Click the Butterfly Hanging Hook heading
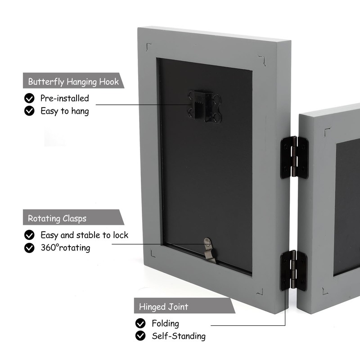click(73, 81)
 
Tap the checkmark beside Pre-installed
click(30, 98)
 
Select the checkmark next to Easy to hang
click(30, 111)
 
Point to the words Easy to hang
click(64, 111)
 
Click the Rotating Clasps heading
click(57, 219)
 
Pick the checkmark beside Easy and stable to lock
click(30, 235)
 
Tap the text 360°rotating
click(65, 247)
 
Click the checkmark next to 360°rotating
click(30, 247)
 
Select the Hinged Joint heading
click(164, 307)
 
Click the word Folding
click(165, 323)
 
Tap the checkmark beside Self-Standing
click(141, 336)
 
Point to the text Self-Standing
click(179, 336)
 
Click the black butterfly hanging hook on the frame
click(205, 107)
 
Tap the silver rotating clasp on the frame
click(209, 250)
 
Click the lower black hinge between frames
click(293, 270)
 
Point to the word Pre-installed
click(65, 98)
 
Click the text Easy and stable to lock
click(84, 235)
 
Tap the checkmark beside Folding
click(141, 323)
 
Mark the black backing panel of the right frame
click(346, 207)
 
